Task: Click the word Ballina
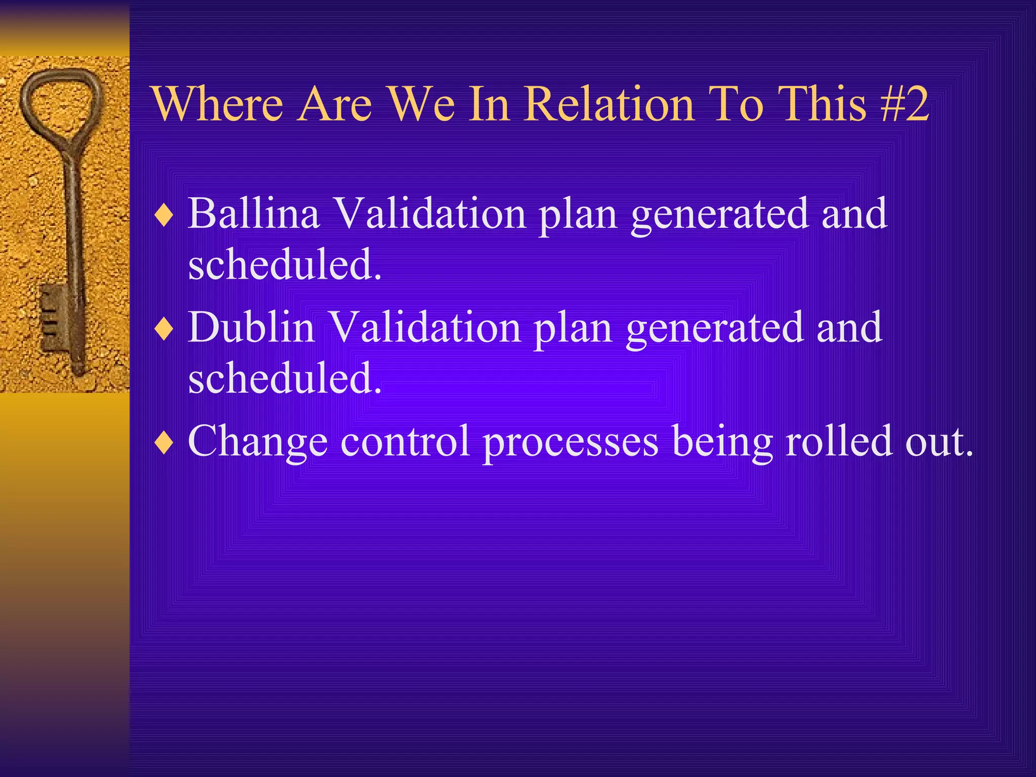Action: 254,213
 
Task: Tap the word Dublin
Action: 251,327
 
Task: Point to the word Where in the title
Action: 217,104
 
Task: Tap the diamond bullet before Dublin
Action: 164,330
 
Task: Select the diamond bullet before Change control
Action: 164,444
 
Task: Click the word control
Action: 405,441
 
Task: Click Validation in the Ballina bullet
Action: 430,213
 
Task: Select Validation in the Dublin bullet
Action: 425,327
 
